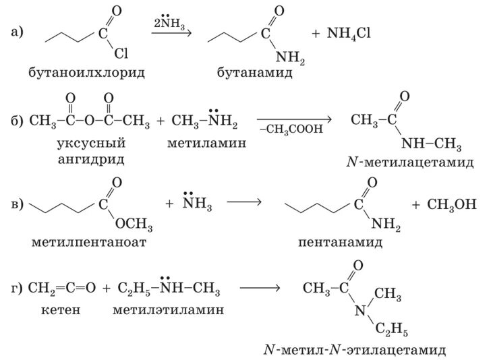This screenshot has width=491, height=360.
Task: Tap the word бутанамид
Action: (254, 70)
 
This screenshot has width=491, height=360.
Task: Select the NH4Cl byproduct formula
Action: (350, 33)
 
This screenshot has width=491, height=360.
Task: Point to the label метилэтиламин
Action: (169, 310)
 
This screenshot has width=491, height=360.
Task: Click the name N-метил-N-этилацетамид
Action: (355, 351)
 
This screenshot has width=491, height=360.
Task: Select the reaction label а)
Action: (18, 32)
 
